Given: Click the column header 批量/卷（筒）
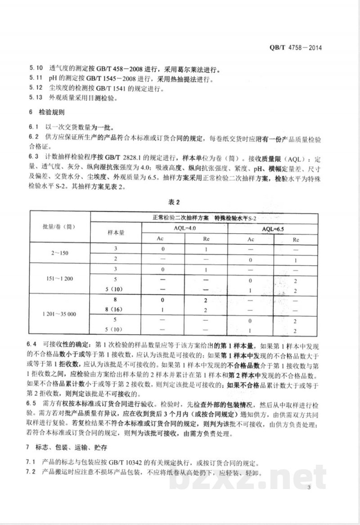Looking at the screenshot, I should coord(59,227).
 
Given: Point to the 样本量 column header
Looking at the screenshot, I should coord(116,232).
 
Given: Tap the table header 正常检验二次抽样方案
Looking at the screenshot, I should coord(180,218).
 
